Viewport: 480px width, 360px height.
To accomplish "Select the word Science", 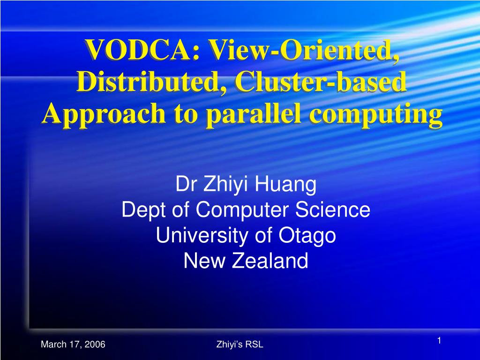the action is click(332, 210).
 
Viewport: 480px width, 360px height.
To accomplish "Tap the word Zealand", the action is click(270, 261).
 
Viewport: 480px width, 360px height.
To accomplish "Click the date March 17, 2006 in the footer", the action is click(73, 345).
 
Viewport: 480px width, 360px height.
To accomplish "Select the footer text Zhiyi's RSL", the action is click(240, 345).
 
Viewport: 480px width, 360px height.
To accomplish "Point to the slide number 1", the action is click(439, 341).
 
